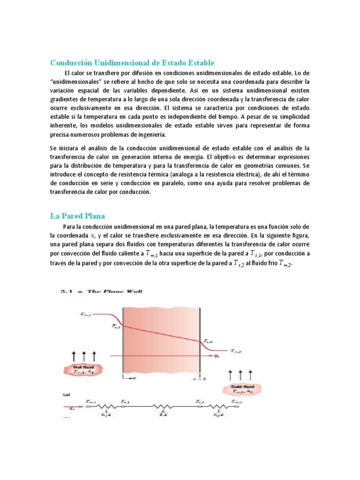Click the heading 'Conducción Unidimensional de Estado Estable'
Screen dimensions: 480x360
[x=132, y=62]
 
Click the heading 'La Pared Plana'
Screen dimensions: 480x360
[x=77, y=216]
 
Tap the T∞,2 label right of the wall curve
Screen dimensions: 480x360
[x=236, y=350]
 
